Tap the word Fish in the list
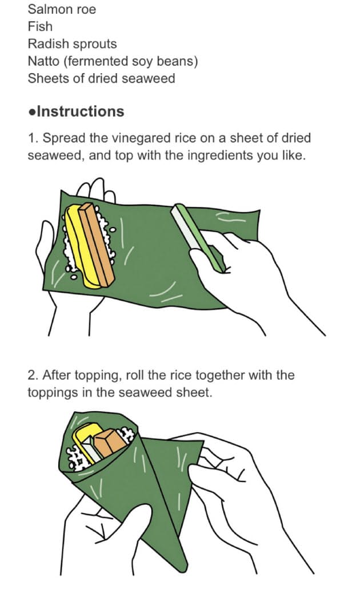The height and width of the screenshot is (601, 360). pyautogui.click(x=40, y=26)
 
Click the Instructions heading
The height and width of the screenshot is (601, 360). pyautogui.click(x=81, y=112)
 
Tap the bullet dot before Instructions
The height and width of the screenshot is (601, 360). pyautogui.click(x=32, y=112)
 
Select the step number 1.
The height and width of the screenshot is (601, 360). pyautogui.click(x=32, y=138)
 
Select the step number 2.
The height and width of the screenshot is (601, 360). pyautogui.click(x=33, y=375)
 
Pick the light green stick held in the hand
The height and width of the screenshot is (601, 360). pyautogui.click(x=198, y=238)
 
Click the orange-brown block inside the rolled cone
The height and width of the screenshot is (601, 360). pyautogui.click(x=110, y=443)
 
